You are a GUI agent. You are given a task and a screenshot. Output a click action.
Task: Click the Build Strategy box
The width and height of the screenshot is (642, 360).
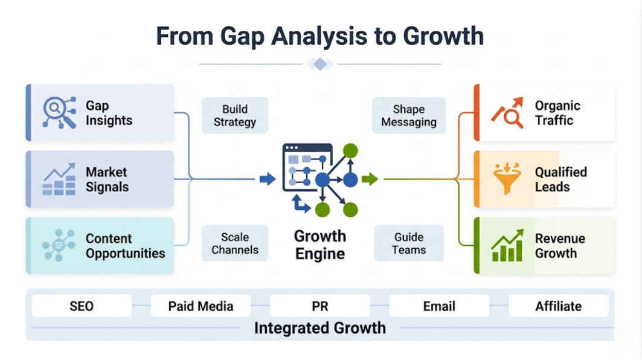tap(234, 115)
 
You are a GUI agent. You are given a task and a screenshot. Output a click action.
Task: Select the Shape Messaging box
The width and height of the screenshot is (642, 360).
tap(409, 115)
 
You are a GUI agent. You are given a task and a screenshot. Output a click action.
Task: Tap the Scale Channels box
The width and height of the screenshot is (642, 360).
tap(234, 243)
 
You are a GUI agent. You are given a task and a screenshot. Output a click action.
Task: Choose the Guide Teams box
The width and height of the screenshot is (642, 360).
tap(409, 243)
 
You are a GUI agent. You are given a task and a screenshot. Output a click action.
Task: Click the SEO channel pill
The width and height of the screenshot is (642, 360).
tap(82, 306)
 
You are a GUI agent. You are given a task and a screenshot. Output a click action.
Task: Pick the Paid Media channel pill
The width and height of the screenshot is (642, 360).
tap(201, 306)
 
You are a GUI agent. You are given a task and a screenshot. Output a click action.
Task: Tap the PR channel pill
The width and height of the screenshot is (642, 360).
tap(319, 306)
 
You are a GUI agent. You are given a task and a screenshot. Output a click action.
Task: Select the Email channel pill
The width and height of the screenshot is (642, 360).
tap(439, 306)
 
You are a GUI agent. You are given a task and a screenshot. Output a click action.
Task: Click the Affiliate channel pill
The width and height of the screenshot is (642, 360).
tap(559, 306)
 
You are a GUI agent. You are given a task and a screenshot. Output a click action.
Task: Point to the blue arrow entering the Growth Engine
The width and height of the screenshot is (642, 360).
tap(268, 179)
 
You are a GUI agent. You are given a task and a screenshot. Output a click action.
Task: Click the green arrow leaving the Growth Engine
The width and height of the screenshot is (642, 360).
tap(370, 179)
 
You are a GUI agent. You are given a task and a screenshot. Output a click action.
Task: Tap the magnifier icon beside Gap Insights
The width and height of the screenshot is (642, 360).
tap(59, 112)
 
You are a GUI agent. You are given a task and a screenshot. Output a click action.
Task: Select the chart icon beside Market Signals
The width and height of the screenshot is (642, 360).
tap(59, 179)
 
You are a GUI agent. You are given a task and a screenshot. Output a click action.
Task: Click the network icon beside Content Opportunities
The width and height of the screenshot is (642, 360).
tap(59, 245)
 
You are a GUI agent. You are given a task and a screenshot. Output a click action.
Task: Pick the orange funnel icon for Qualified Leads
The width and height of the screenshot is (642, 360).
tap(507, 178)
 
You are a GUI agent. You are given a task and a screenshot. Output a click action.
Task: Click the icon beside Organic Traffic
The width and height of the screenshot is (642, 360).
tap(507, 112)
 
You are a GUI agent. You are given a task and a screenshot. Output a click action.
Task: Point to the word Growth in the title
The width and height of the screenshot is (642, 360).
tap(443, 36)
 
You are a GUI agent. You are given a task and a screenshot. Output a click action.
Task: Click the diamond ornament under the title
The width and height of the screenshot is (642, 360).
tap(320, 64)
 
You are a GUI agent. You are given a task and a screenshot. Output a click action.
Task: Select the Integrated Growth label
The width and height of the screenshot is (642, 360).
tap(319, 328)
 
